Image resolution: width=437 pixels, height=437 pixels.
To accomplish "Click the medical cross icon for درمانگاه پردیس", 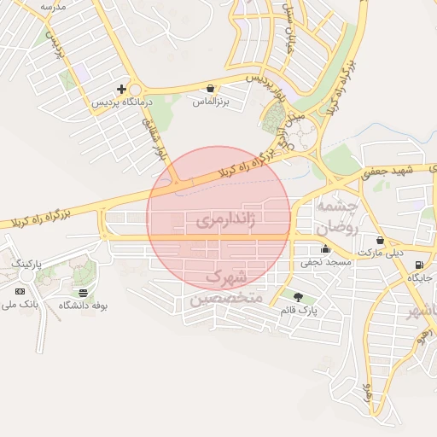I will tap(122, 88).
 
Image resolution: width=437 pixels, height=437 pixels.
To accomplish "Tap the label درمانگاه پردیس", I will tap(121, 102).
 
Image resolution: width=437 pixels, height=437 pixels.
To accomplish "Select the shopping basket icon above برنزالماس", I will tap(210, 88).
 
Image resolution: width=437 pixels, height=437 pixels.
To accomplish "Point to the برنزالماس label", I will tap(211, 102).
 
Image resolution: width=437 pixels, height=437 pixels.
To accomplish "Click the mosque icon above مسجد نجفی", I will tap(325, 250).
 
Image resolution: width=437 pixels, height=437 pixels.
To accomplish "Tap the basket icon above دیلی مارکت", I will tap(379, 241).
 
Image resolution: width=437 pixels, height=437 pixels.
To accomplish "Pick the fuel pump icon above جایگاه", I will tap(418, 265).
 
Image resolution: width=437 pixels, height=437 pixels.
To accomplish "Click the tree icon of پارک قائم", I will tap(298, 296).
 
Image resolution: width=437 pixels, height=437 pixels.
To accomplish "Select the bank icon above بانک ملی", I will tap(20, 291).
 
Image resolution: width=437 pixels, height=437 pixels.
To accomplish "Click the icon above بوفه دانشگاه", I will tap(83, 292).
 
